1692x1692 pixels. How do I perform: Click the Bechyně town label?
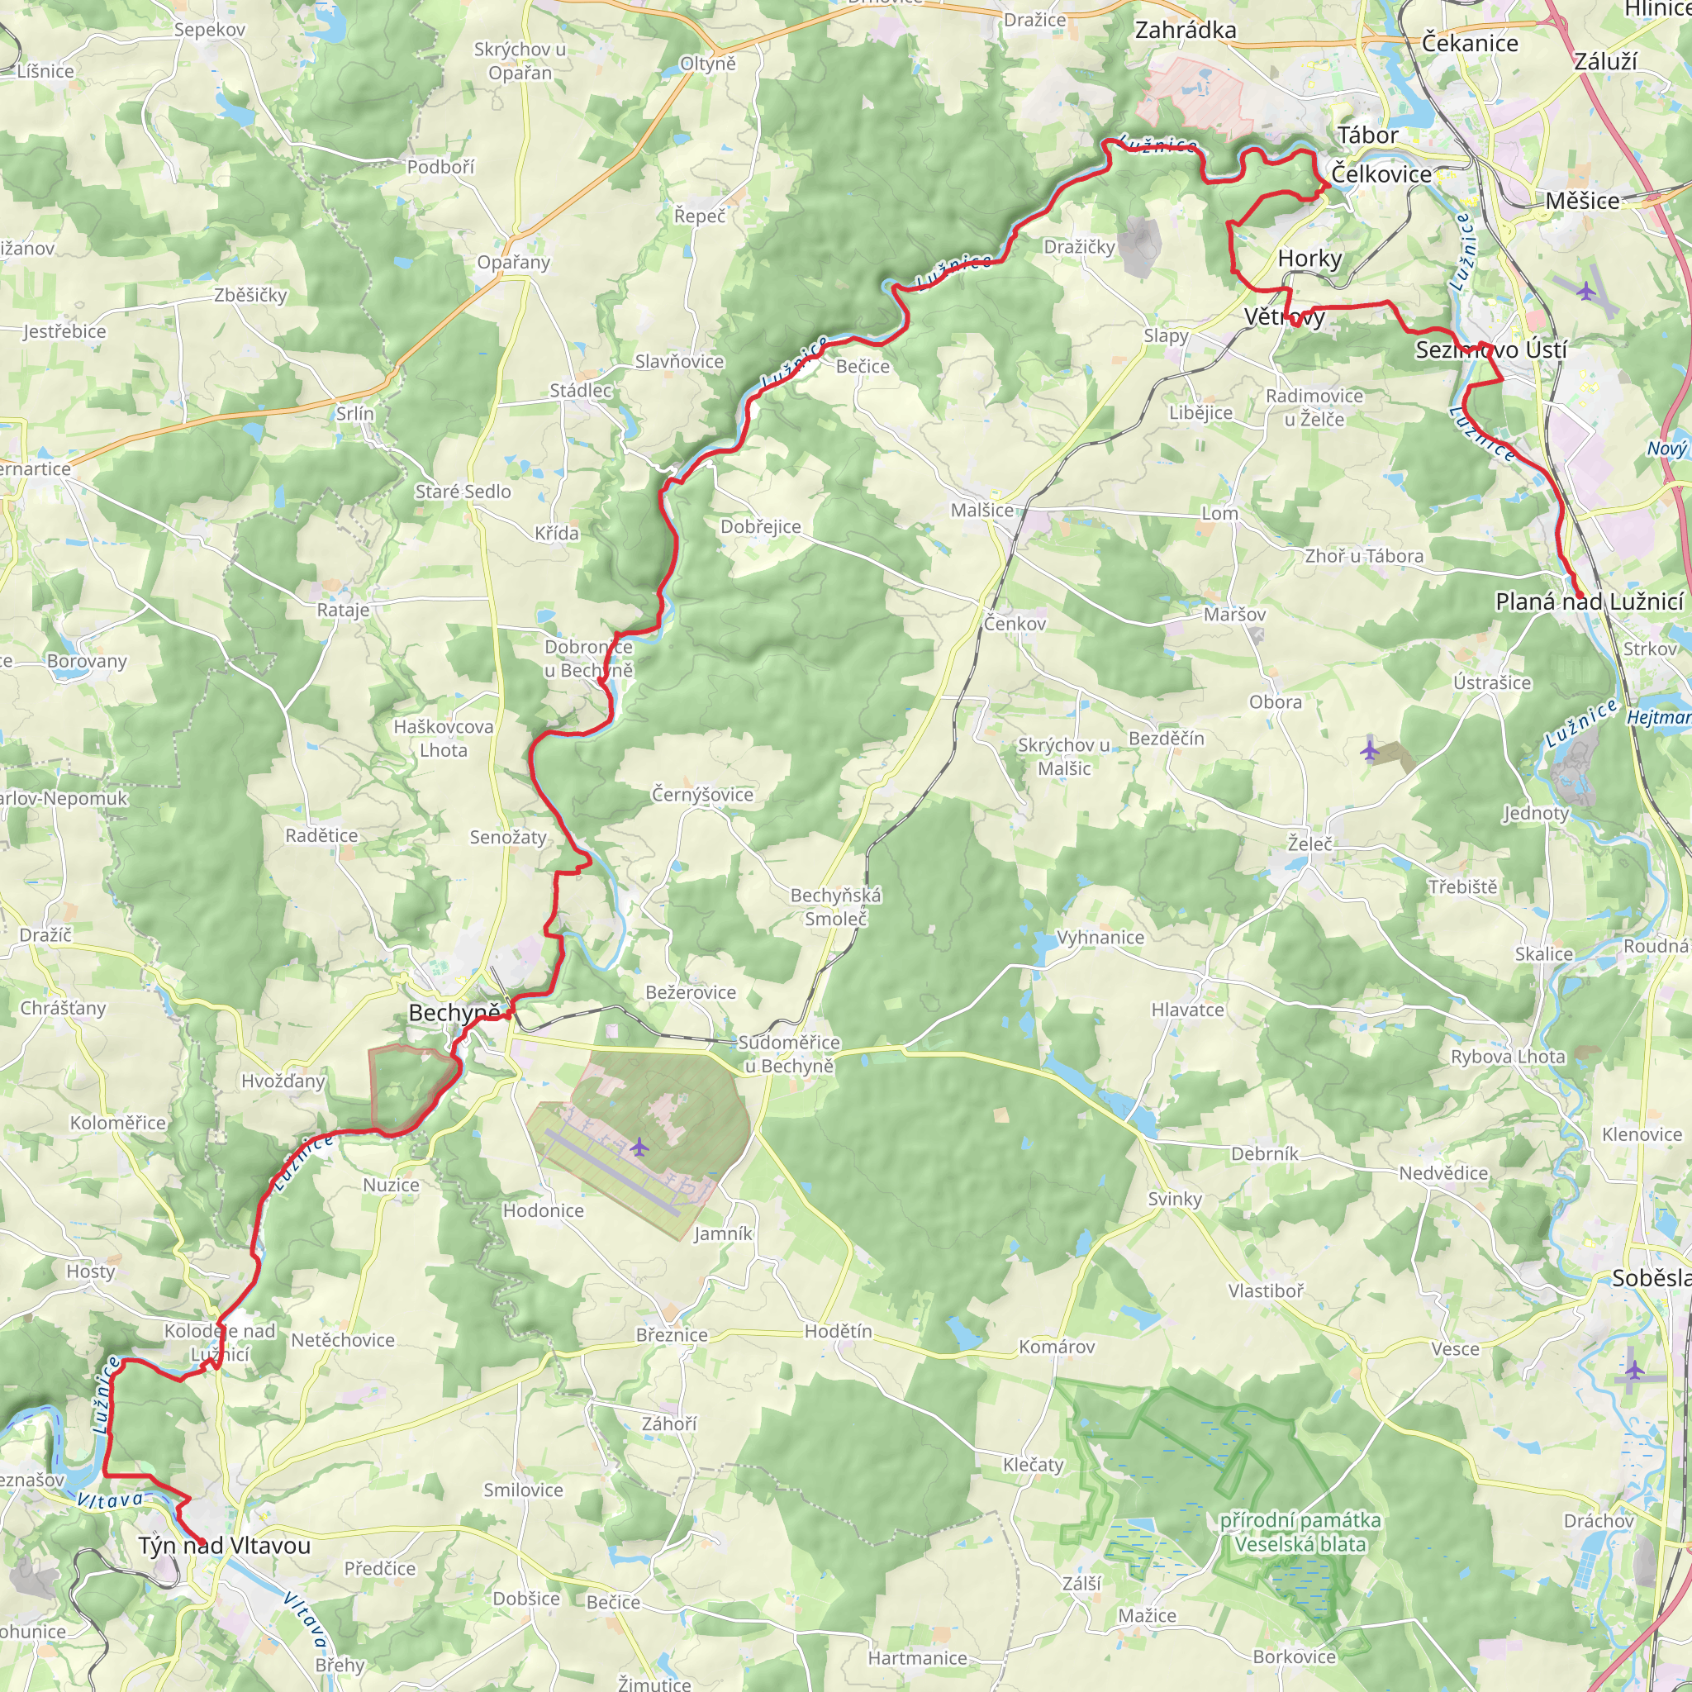click(454, 1013)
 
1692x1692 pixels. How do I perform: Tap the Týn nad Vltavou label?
click(224, 1546)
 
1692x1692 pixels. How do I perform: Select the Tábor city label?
click(1367, 135)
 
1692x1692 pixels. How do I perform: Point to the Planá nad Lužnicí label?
click(1589, 601)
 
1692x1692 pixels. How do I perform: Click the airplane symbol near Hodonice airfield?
click(639, 1146)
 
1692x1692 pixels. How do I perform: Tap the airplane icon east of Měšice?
click(1587, 291)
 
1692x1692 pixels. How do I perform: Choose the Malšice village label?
click(981, 510)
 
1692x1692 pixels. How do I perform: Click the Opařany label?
click(513, 262)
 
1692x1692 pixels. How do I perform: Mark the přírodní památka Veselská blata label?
click(1300, 1532)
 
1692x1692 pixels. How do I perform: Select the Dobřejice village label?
click(760, 526)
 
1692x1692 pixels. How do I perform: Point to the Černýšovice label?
click(701, 794)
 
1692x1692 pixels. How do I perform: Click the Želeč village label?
click(1309, 844)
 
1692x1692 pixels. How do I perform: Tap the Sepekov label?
click(209, 29)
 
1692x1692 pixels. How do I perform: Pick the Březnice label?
click(672, 1335)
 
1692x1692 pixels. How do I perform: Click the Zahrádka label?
click(1185, 30)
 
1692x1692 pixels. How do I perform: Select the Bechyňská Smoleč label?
click(835, 906)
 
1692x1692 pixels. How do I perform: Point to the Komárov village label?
click(1056, 1346)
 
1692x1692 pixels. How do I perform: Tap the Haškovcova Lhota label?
click(443, 739)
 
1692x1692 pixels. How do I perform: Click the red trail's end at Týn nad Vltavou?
click(202, 1542)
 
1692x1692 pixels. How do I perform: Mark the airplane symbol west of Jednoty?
click(1370, 750)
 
